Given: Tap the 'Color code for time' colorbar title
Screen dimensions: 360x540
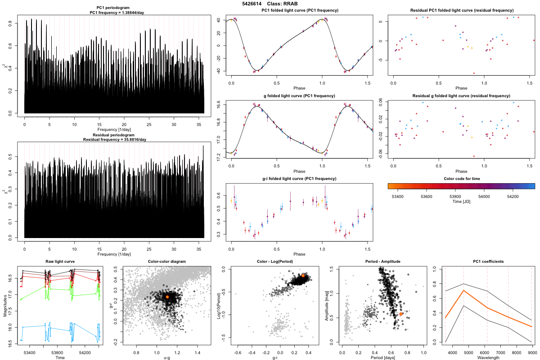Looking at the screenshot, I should [x=461, y=179].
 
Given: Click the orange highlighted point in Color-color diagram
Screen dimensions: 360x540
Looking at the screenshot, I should [x=167, y=297].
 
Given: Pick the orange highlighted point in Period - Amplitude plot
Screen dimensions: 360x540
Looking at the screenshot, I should [x=401, y=314].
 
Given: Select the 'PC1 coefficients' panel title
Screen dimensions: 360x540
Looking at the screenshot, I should [x=488, y=261].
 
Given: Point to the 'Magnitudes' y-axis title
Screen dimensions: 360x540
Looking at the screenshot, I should [x=5, y=306].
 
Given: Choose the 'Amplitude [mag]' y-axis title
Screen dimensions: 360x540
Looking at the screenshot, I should [x=327, y=306].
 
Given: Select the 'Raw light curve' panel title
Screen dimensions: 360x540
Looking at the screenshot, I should [x=60, y=261].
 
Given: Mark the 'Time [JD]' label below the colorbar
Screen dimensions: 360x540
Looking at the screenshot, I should [x=461, y=202].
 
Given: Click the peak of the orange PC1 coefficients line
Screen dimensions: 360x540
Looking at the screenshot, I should [x=463, y=291].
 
